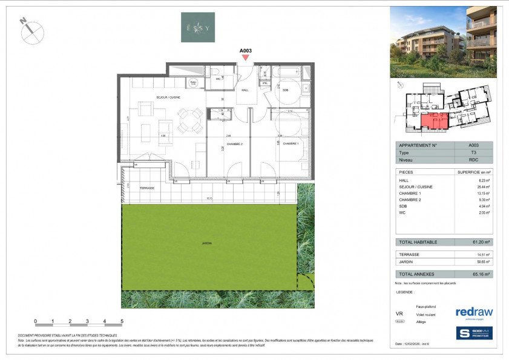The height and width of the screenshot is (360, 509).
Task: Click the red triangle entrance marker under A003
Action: [x=245, y=58]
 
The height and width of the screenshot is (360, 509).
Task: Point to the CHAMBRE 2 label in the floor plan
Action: [x=235, y=143]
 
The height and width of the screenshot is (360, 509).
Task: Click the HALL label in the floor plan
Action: [x=246, y=90]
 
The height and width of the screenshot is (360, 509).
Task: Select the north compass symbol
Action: [x=31, y=30]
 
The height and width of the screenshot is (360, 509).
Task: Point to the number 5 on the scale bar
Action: [x=122, y=321]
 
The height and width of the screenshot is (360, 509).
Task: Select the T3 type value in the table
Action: [x=473, y=153]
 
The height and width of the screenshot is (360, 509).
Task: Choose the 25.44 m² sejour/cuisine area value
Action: [x=476, y=187]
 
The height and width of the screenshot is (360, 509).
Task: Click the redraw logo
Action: [x=474, y=312]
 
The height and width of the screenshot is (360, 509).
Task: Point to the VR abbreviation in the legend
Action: [x=399, y=315]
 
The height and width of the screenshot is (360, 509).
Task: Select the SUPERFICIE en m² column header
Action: [x=473, y=172]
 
